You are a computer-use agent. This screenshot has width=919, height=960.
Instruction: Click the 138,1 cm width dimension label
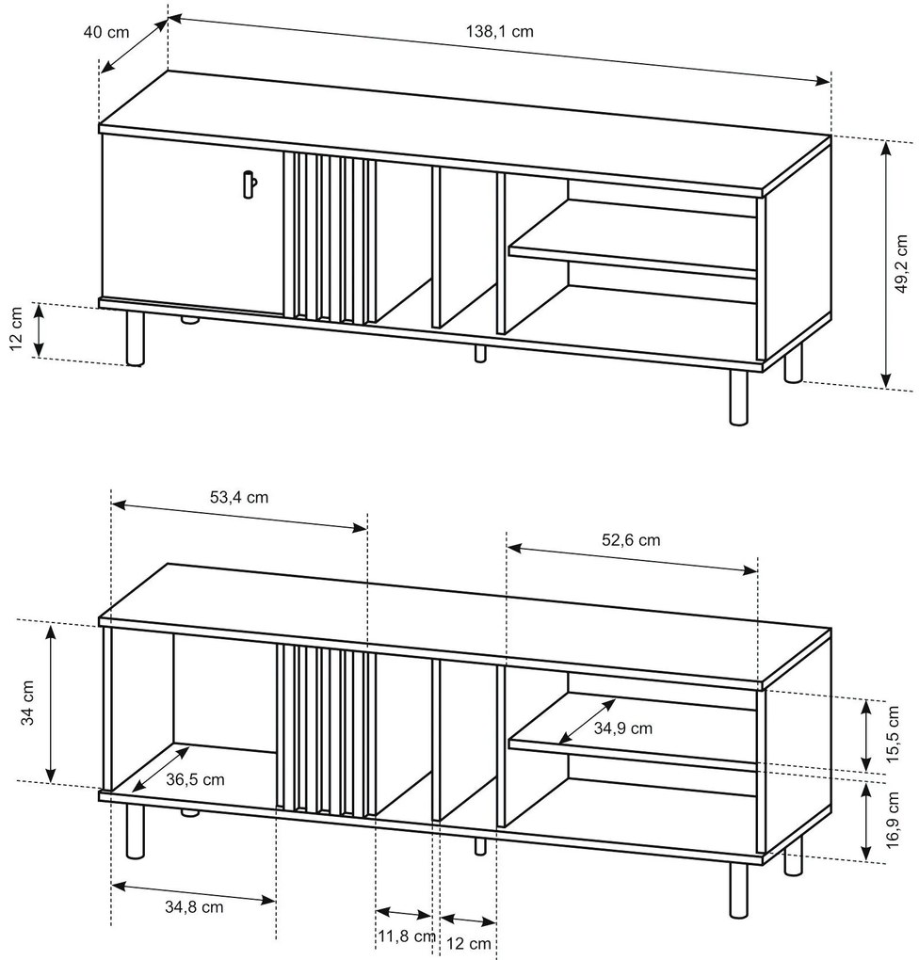click(x=499, y=31)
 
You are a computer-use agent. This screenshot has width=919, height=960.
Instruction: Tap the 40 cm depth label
click(x=106, y=31)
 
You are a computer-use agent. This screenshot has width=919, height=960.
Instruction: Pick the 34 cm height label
click(x=29, y=702)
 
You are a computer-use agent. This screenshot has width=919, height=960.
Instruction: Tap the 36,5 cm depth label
click(x=195, y=779)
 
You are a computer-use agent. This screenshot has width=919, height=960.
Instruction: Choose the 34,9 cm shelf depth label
click(x=622, y=728)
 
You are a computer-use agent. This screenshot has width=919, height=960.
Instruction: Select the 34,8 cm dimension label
click(x=194, y=907)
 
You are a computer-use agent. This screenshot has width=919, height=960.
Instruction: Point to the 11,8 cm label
click(x=407, y=937)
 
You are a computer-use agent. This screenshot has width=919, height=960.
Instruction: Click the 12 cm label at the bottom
click(x=468, y=943)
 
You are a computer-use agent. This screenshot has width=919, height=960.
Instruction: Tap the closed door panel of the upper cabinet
click(x=188, y=226)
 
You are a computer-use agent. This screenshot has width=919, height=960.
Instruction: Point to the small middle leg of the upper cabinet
click(x=480, y=353)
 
